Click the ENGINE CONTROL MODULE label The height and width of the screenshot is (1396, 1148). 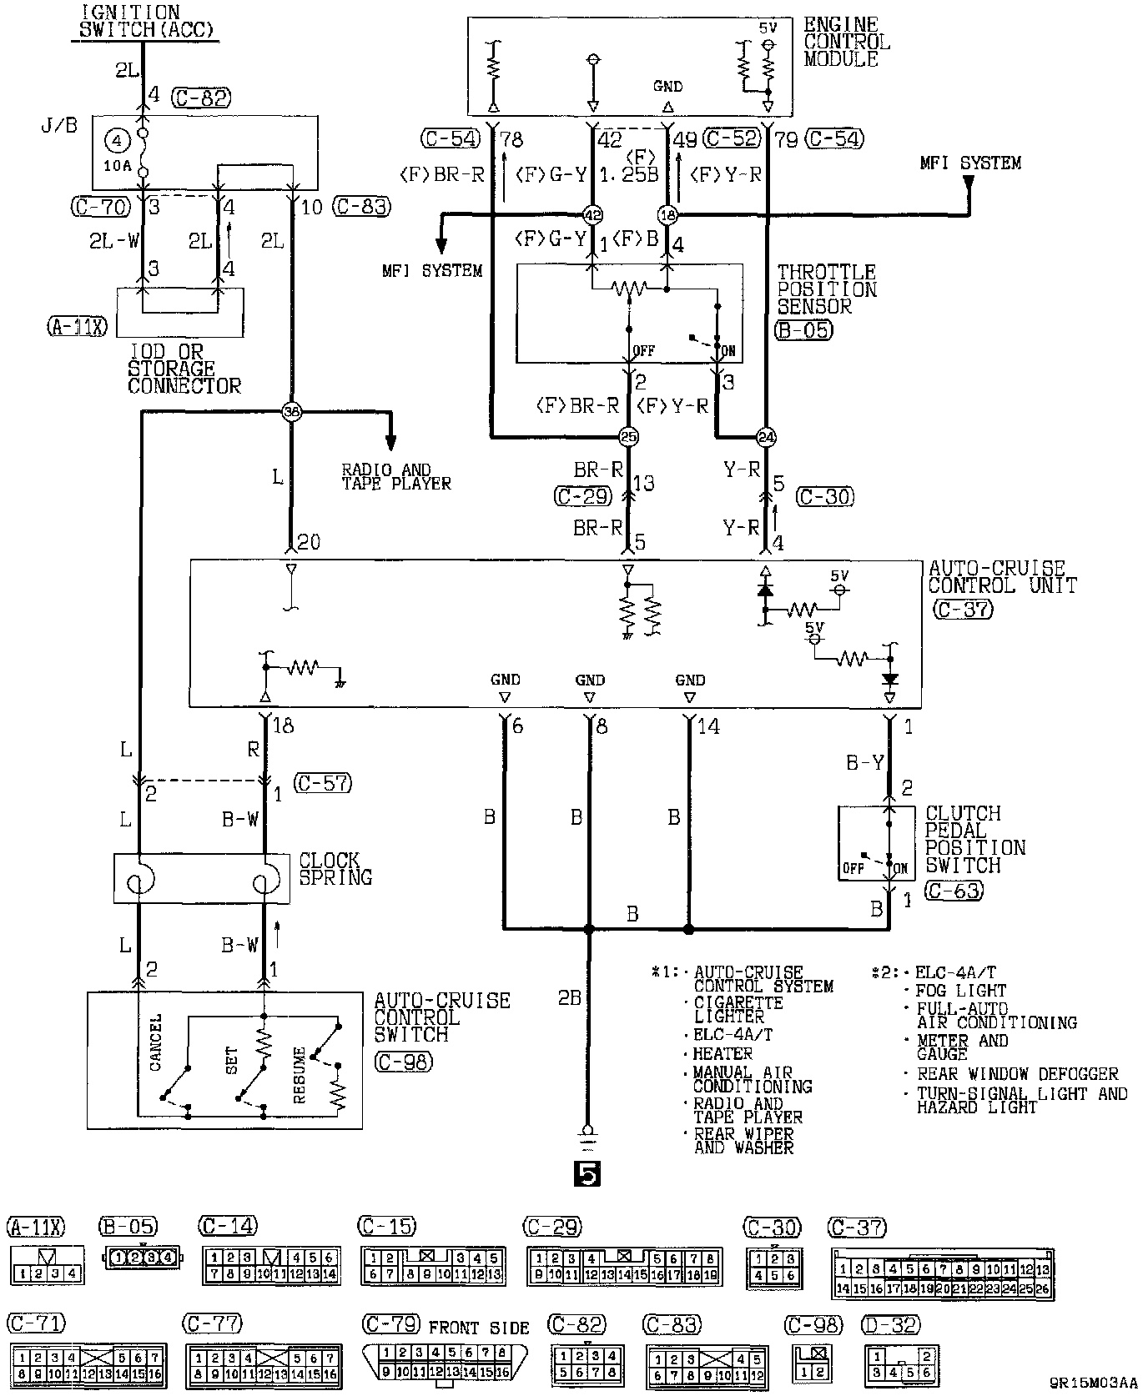pos(847,42)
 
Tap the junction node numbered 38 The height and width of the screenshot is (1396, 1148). pos(290,410)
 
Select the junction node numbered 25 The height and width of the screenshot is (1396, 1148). pos(627,436)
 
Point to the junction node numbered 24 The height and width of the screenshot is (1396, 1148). pos(766,436)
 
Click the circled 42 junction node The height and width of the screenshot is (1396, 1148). pos(592,215)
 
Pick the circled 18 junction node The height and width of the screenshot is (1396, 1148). pos(667,215)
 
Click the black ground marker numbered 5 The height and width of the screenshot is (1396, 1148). pos(587,1174)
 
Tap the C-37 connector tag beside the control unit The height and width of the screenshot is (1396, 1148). pos(961,609)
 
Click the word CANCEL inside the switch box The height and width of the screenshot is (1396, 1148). pos(155,1042)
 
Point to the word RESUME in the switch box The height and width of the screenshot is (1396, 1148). pos(299,1076)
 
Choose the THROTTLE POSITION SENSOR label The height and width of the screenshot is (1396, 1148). pos(827,289)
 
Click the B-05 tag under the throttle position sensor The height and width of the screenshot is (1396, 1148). pos(804,329)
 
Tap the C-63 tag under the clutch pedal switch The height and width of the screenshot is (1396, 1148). pos(954,890)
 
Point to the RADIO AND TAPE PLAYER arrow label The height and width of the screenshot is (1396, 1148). pos(395,476)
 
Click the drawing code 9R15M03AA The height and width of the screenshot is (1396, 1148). pos(1093,1382)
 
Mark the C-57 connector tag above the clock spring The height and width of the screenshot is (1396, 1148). pos(323,783)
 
